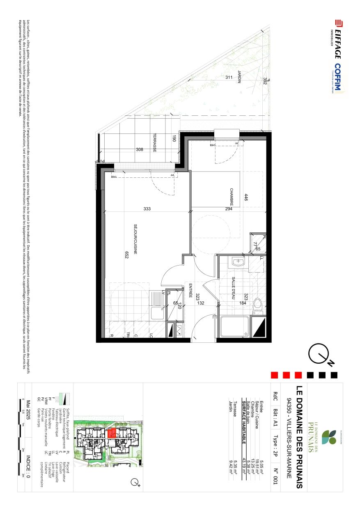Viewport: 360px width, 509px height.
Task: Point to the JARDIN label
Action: tap(238, 77)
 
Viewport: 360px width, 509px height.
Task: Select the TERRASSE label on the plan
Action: tap(155, 143)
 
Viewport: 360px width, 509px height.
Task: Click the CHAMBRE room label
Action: tap(232, 197)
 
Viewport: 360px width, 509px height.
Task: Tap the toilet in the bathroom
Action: tap(257, 304)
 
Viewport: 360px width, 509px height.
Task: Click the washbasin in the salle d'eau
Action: tap(237, 261)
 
